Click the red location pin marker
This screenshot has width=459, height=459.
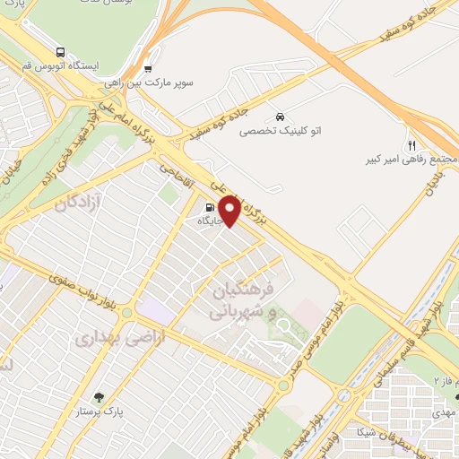click(x=229, y=211)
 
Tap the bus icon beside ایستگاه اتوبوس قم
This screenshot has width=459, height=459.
click(x=60, y=52)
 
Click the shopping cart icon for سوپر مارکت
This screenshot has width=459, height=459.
click(x=149, y=68)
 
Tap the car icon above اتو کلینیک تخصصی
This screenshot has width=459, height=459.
click(x=281, y=117)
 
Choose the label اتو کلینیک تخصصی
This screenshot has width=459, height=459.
click(x=279, y=131)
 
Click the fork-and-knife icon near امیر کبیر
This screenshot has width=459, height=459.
click(x=412, y=144)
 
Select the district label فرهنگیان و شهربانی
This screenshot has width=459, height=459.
click(x=238, y=302)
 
